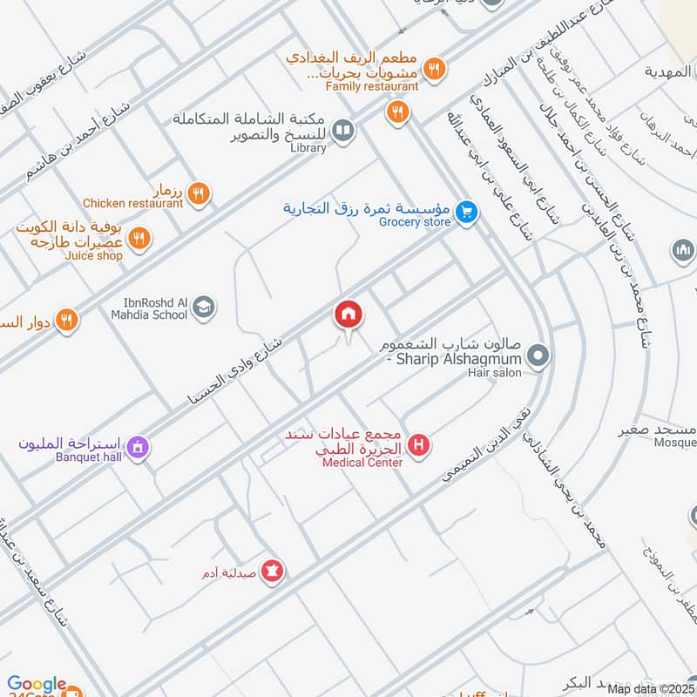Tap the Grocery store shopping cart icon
point(467,212)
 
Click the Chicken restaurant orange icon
point(199,192)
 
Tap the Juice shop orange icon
point(139,238)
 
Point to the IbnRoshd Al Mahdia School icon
point(205,308)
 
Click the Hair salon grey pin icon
point(538,355)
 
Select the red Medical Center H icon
point(420,446)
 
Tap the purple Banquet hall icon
point(135,448)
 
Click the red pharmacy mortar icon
point(274,572)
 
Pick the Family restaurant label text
point(371,87)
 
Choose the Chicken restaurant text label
point(133,204)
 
